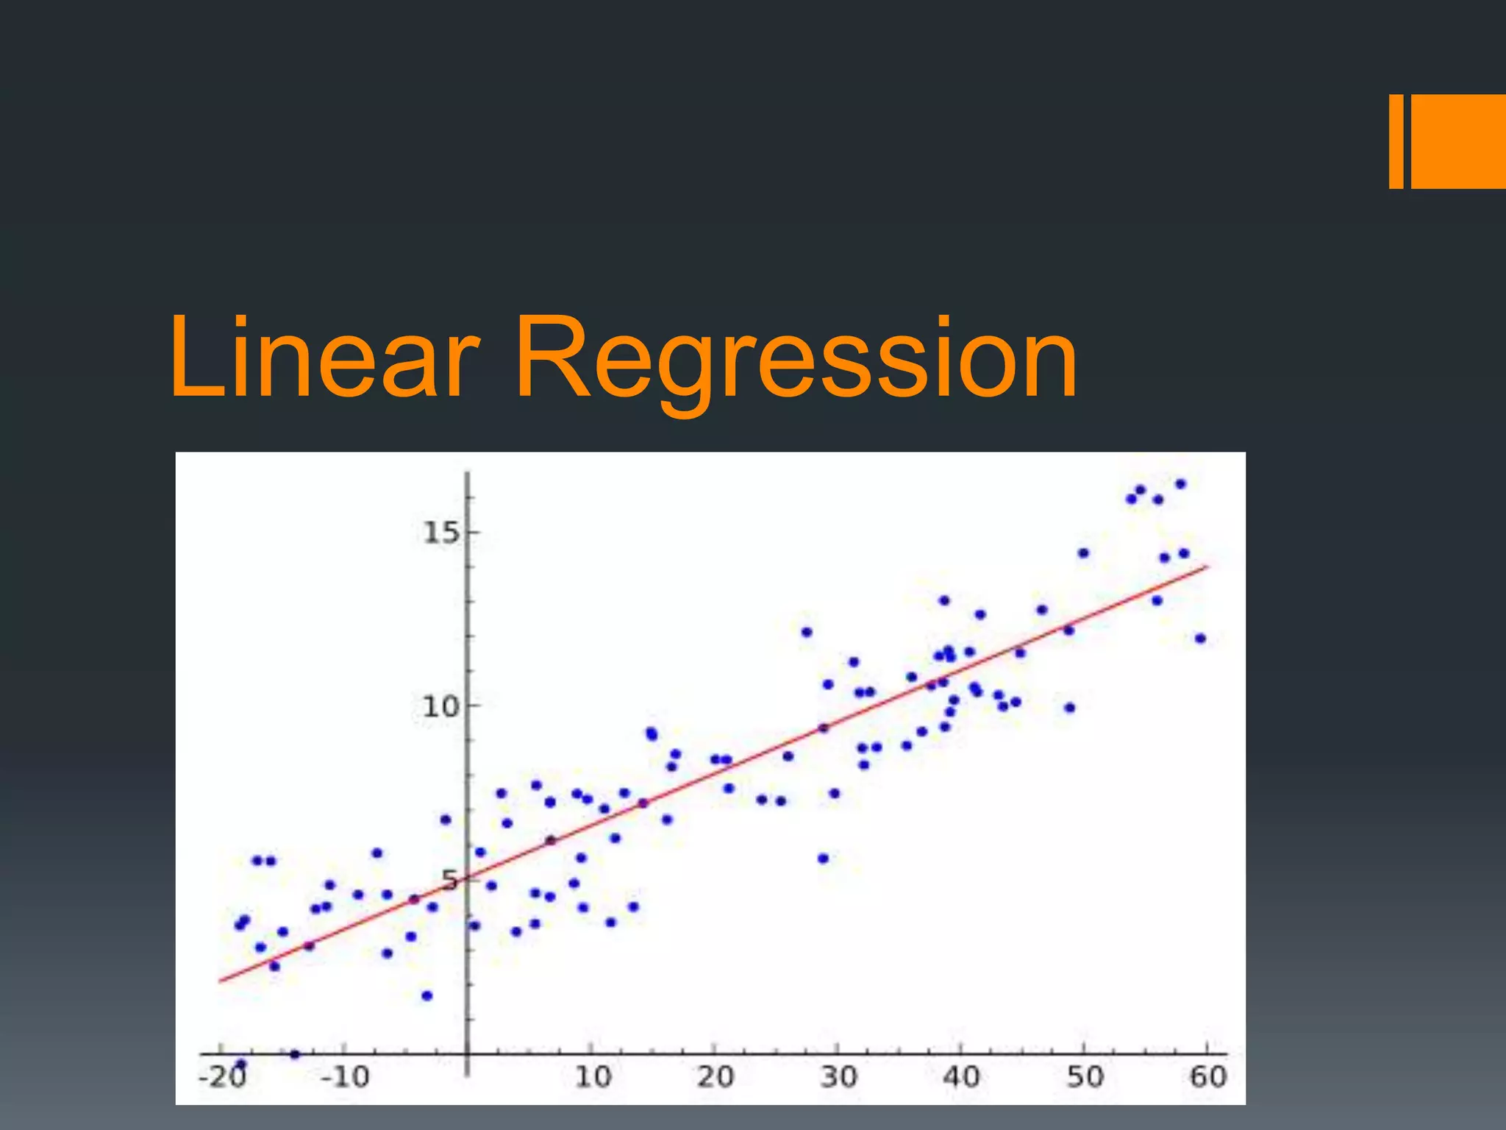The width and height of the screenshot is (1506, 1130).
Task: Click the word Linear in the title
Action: click(324, 358)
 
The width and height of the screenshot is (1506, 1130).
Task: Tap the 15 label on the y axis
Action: click(440, 532)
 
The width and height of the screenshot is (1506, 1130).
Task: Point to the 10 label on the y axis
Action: click(440, 707)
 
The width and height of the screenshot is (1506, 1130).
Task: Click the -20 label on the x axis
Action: click(222, 1077)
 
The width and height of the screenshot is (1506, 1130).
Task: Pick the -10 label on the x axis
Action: click(345, 1077)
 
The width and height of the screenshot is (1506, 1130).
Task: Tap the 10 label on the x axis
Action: click(593, 1077)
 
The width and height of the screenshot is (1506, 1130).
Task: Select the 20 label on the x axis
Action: click(715, 1077)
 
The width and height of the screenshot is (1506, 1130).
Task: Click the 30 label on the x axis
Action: click(838, 1077)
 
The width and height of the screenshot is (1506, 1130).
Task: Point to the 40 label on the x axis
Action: click(961, 1077)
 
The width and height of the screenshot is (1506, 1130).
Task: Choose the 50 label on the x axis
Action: click(1085, 1077)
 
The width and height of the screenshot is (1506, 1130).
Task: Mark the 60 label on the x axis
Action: click(1207, 1077)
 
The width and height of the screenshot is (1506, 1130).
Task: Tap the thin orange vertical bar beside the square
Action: click(1396, 141)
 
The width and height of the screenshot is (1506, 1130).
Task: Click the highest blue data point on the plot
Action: click(1180, 484)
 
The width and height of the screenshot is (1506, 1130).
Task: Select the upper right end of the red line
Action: click(1207, 566)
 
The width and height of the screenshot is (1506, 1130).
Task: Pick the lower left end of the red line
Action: click(221, 981)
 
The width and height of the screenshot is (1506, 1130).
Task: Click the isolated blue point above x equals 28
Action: click(807, 632)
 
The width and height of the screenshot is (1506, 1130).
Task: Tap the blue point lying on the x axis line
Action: click(295, 1054)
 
